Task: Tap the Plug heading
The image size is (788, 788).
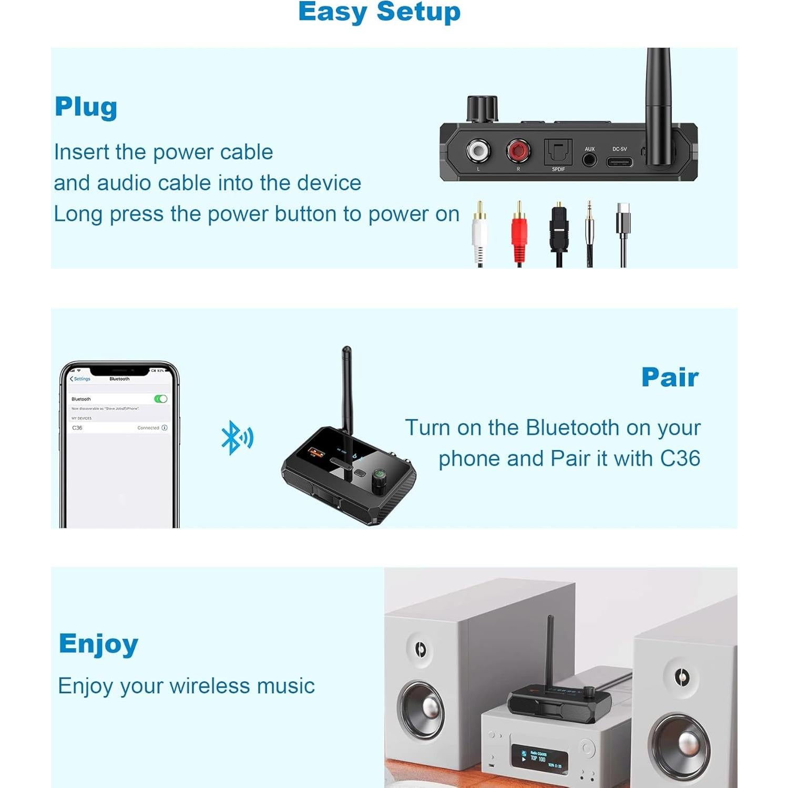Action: tap(86, 107)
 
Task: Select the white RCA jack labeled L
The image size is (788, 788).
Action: tap(478, 151)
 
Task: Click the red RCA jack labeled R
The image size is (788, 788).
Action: tap(518, 151)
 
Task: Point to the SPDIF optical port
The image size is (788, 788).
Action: tap(558, 152)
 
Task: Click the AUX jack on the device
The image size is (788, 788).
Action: tap(589, 159)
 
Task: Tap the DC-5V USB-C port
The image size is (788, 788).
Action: tap(620, 161)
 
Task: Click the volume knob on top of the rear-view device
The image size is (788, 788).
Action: tap(482, 109)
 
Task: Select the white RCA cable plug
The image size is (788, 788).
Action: tap(479, 237)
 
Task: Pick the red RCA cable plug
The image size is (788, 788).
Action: tap(519, 237)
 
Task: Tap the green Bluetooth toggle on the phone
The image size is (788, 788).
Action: tap(161, 399)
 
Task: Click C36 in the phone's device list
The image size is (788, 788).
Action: tap(77, 428)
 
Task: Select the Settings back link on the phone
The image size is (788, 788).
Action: tap(80, 379)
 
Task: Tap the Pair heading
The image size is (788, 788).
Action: tap(670, 377)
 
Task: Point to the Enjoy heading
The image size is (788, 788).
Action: tap(98, 644)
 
